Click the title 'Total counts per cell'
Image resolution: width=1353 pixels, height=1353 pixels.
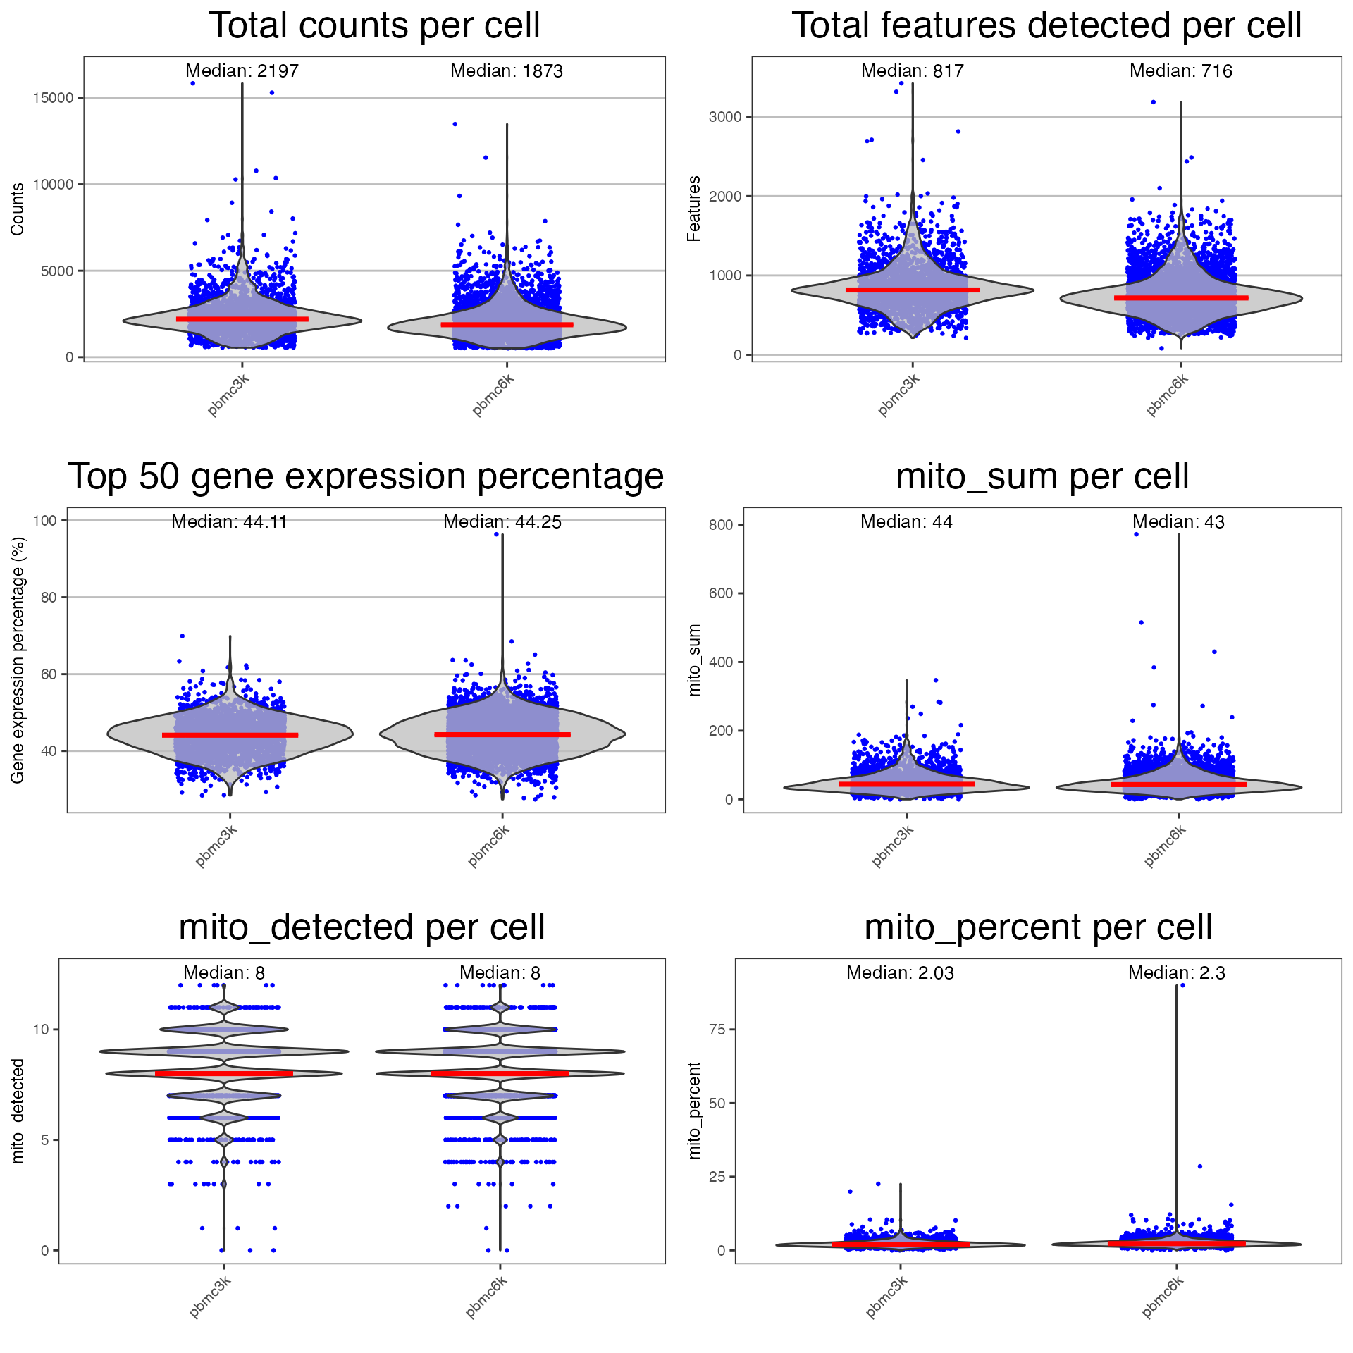pyautogui.click(x=374, y=26)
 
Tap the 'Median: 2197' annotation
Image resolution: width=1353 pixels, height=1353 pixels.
pyautogui.click(x=242, y=71)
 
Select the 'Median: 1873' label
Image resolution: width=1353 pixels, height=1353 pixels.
pyautogui.click(x=506, y=71)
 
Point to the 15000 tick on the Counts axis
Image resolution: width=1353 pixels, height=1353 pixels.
pyautogui.click(x=54, y=98)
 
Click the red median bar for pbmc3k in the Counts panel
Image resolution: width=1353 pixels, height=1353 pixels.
pyautogui.click(x=242, y=319)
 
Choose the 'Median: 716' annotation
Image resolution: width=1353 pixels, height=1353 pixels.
pyautogui.click(x=1180, y=71)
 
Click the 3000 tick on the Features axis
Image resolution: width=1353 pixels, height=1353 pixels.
pyautogui.click(x=725, y=117)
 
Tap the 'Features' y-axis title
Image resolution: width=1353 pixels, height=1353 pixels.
pyautogui.click(x=694, y=209)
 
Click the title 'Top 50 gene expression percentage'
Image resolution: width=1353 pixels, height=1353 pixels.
pyautogui.click(x=366, y=477)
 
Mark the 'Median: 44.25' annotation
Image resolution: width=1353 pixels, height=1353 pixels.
pyautogui.click(x=502, y=522)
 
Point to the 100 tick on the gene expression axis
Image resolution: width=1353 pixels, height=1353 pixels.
pyautogui.click(x=45, y=521)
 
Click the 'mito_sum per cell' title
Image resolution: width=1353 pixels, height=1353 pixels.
pyautogui.click(x=1042, y=477)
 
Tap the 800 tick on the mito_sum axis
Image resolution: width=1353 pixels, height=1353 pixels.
pyautogui.click(x=721, y=525)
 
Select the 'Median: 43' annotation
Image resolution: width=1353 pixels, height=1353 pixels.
pyautogui.click(x=1178, y=522)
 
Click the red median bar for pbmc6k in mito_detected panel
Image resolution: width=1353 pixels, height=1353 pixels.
pyautogui.click(x=500, y=1073)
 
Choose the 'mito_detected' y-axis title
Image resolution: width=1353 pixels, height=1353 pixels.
pyautogui.click(x=18, y=1111)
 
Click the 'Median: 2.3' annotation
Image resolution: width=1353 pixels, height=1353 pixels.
pyautogui.click(x=1176, y=973)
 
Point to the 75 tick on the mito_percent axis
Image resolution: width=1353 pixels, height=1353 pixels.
pyautogui.click(x=717, y=1030)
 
